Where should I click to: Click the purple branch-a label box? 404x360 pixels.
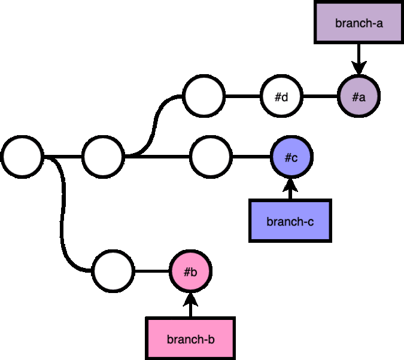pos(359,22)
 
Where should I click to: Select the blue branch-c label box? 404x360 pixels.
pos(290,221)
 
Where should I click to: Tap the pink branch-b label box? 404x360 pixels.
pos(190,338)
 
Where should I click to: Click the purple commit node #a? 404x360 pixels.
pos(359,96)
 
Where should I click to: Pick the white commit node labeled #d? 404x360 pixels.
pos(281,96)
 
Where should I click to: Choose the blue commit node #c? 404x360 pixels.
pos(291,157)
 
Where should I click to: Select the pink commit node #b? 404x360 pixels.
pos(191,271)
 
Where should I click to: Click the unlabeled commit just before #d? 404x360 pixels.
pos(204,96)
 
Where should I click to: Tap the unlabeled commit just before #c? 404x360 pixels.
pos(211,157)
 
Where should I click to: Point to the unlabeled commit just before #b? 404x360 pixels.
pos(113,271)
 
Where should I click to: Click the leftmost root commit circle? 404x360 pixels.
pos(22,157)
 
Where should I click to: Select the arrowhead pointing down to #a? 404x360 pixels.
pos(359,68)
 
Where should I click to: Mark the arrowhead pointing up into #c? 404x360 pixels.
pos(290,185)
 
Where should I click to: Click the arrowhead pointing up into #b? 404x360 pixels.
pos(190,300)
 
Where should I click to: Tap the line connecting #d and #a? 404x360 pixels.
pos(320,96)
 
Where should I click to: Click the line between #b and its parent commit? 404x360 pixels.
pos(152,271)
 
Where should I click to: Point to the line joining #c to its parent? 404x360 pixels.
pos(251,157)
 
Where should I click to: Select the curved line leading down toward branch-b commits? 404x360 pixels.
pos(62,213)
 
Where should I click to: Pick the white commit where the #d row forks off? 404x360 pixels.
pos(103,157)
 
